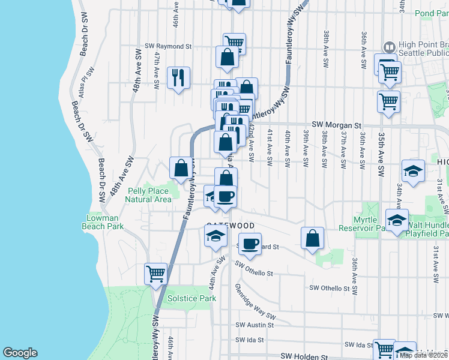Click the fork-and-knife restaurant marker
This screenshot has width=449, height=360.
click(178, 78)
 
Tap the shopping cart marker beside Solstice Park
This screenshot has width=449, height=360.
click(155, 274)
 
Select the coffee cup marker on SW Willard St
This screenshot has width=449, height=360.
click(251, 244)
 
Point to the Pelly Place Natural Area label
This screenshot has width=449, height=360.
click(149, 195)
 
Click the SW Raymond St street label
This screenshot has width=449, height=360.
click(168, 46)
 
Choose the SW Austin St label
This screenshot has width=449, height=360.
click(255, 325)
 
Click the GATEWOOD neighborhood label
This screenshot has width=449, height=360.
click(231, 226)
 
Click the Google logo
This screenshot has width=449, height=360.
click(20, 353)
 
